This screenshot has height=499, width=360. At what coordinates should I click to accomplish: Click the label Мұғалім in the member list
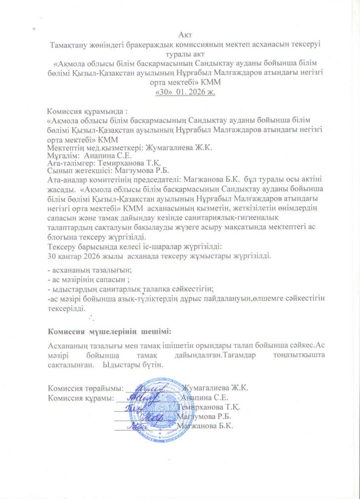point(61,155)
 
